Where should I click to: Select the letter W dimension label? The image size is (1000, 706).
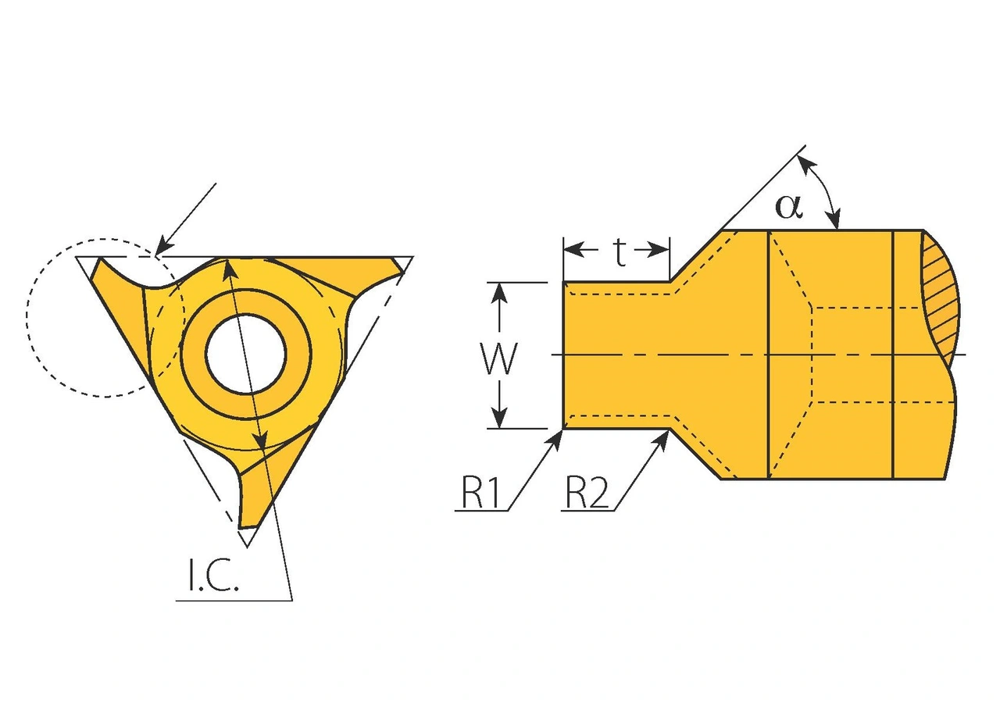click(x=499, y=360)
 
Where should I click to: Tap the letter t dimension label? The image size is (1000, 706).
click(x=620, y=252)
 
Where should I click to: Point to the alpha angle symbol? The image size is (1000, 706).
click(x=788, y=205)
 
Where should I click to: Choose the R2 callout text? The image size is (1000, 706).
click(x=587, y=494)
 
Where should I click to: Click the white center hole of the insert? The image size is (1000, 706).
click(x=245, y=353)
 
